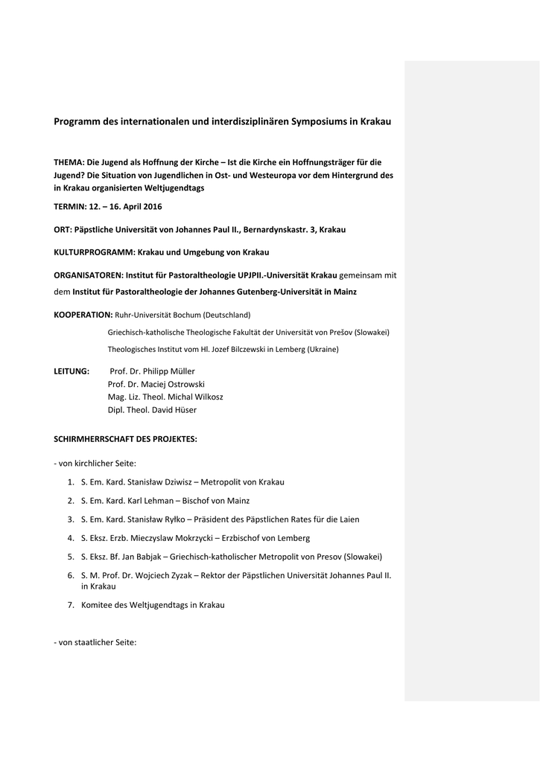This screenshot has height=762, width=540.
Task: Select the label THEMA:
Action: (69, 161)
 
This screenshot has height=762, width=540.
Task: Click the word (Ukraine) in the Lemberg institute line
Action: (322, 349)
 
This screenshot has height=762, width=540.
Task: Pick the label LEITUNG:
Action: (72, 371)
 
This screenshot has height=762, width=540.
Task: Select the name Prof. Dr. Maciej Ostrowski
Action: (156, 384)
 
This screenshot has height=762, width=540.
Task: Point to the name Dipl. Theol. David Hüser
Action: (152, 410)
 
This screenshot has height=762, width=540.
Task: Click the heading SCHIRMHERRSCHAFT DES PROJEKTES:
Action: (125, 439)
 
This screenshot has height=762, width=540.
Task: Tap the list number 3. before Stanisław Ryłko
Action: (71, 519)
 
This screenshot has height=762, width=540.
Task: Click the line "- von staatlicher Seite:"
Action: (95, 642)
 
